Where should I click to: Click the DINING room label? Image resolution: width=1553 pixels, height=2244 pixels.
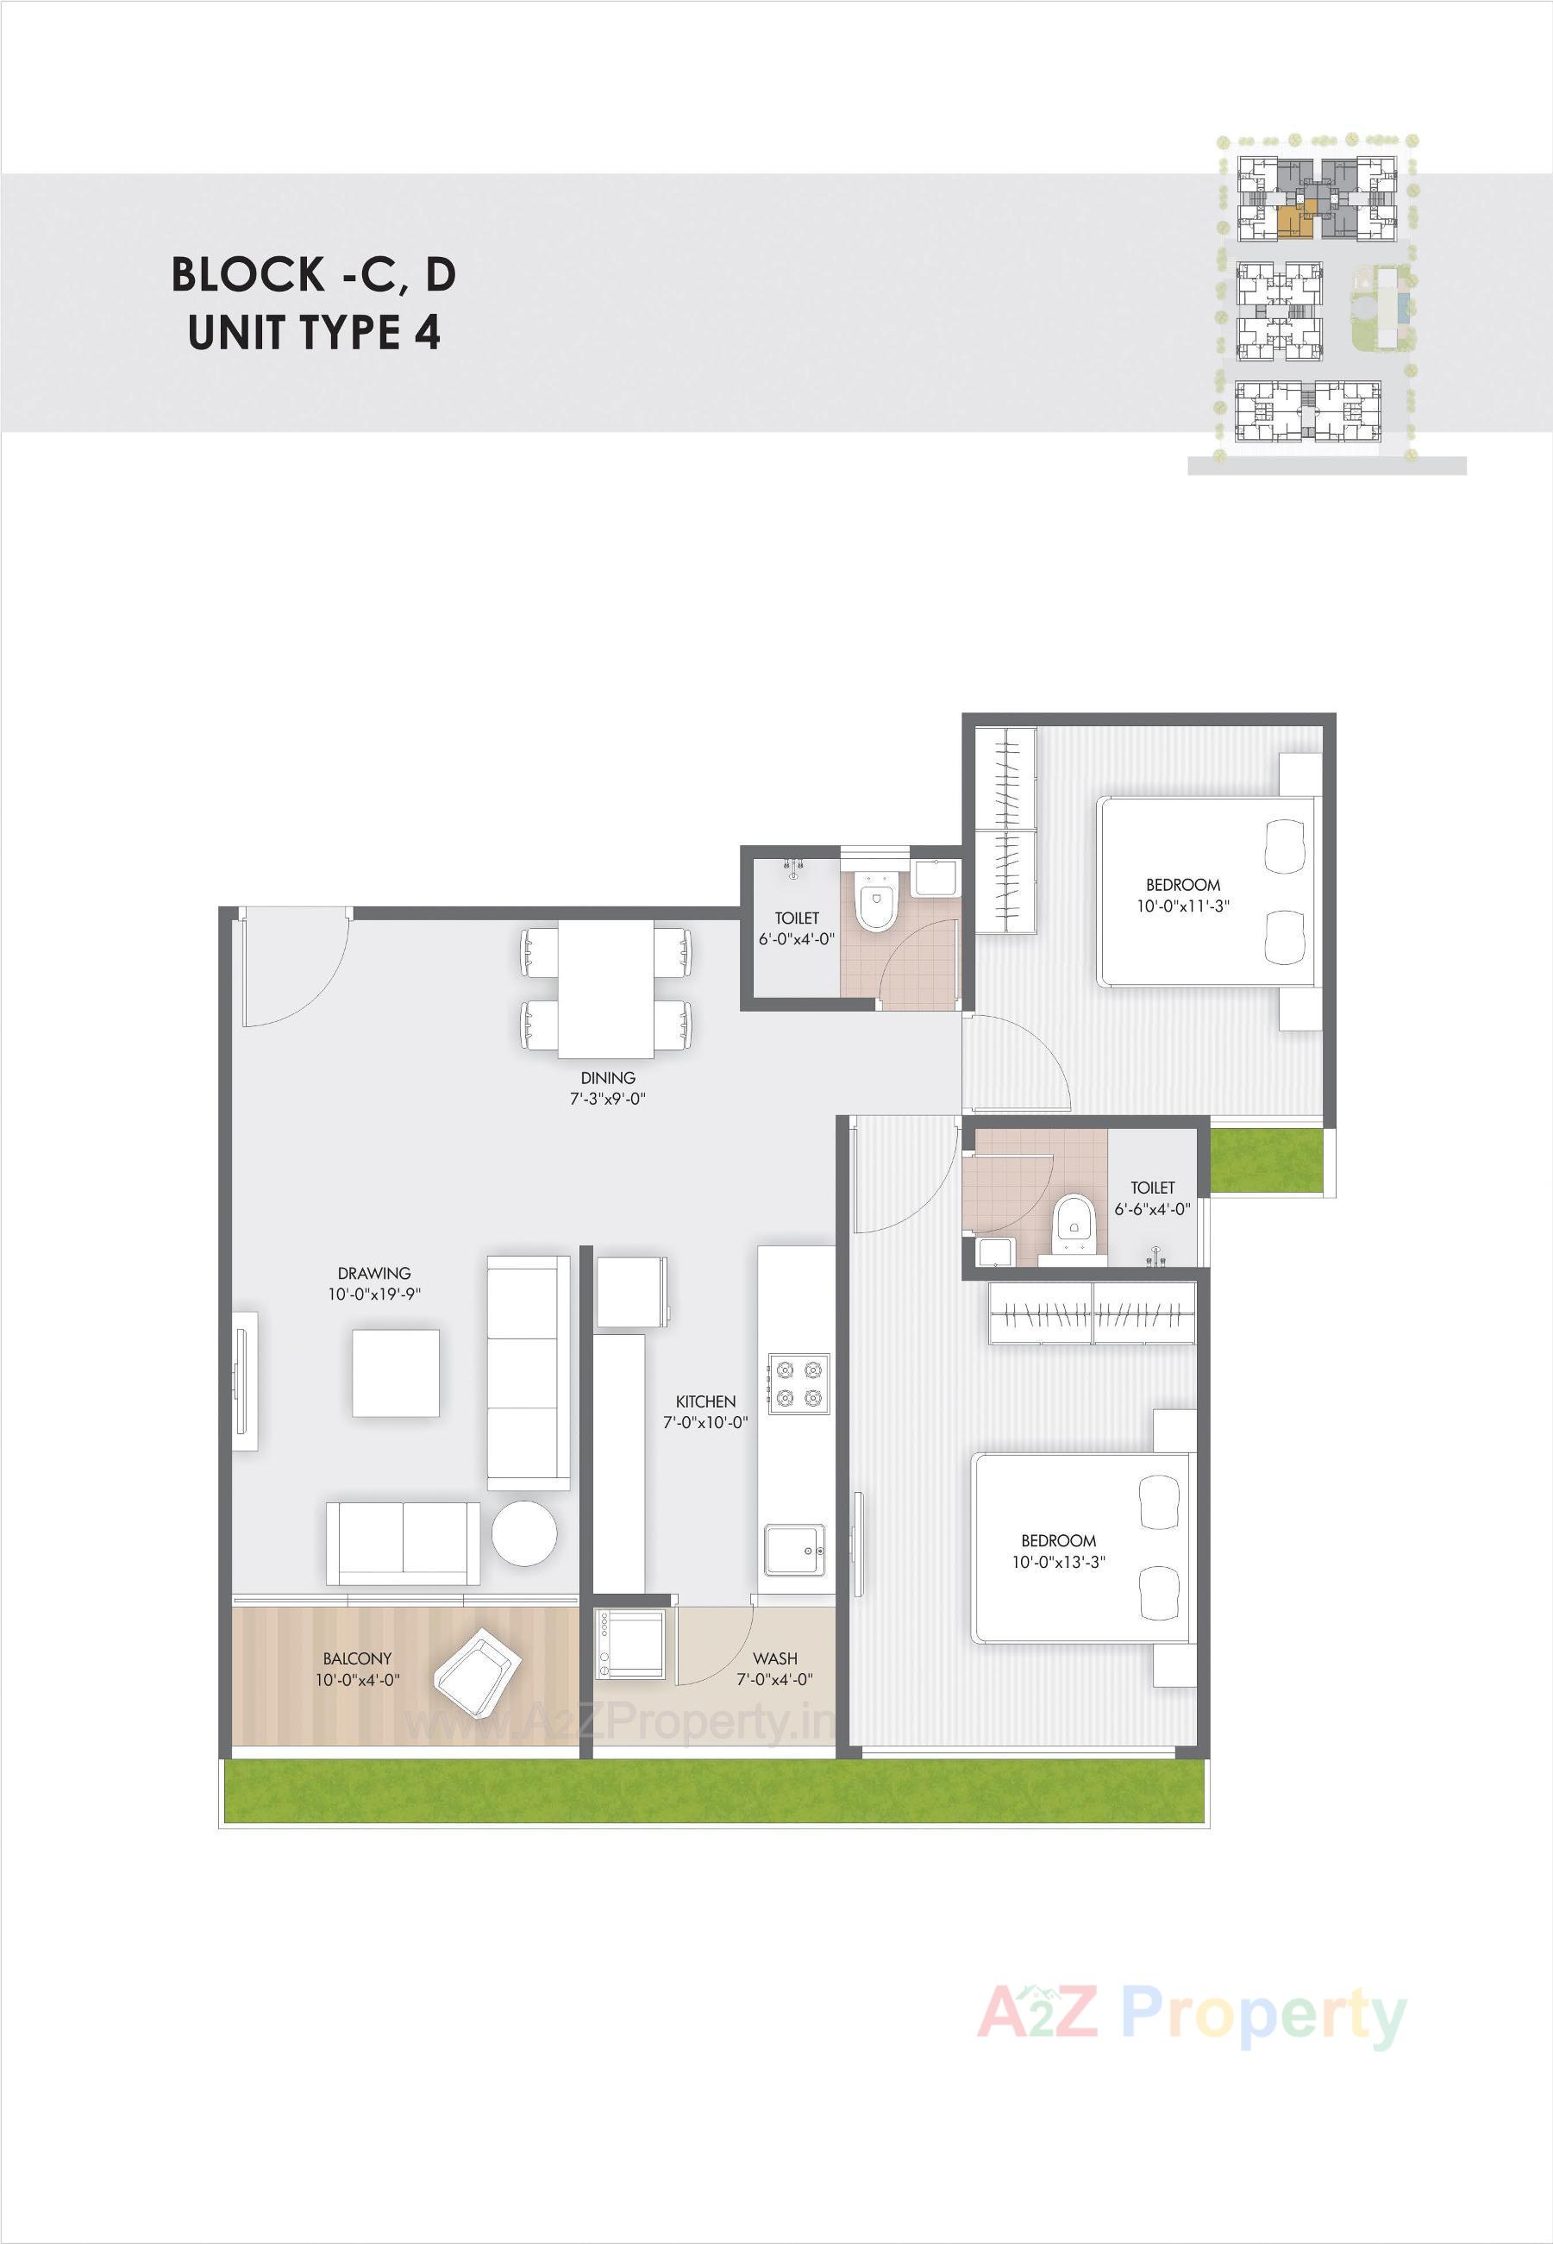608,1077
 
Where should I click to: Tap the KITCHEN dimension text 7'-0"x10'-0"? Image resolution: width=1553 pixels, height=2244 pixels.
705,1422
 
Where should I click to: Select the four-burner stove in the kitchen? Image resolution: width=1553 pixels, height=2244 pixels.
798,1384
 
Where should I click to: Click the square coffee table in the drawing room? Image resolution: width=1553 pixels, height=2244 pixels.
395,1373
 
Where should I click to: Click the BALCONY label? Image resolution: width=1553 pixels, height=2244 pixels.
358,1658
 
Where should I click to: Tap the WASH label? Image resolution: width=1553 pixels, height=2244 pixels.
774,1658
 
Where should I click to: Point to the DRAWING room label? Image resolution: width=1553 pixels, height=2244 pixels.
373,1273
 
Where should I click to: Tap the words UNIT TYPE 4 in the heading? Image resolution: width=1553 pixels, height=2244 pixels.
314,333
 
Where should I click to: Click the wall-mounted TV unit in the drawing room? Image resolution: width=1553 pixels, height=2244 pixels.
244,1381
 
